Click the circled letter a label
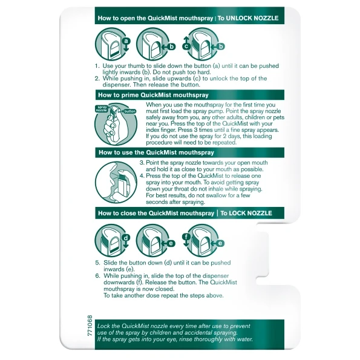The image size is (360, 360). click(126, 41)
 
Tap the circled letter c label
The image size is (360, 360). click(186, 47)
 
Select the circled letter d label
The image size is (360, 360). click(126, 238)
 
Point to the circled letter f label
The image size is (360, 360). click(186, 237)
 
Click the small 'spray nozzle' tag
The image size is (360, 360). click(101, 108)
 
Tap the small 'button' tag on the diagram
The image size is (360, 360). click(130, 111)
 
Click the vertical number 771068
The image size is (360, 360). click(90, 326)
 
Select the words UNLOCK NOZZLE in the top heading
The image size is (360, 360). click(252, 18)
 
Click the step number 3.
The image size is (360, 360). click(142, 163)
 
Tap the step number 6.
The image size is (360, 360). click(98, 275)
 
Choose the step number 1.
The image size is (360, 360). click(97, 66)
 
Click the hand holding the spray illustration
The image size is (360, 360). click(116, 124)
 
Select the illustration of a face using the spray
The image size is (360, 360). click(116, 182)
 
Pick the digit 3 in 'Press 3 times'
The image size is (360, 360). click(195, 130)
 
